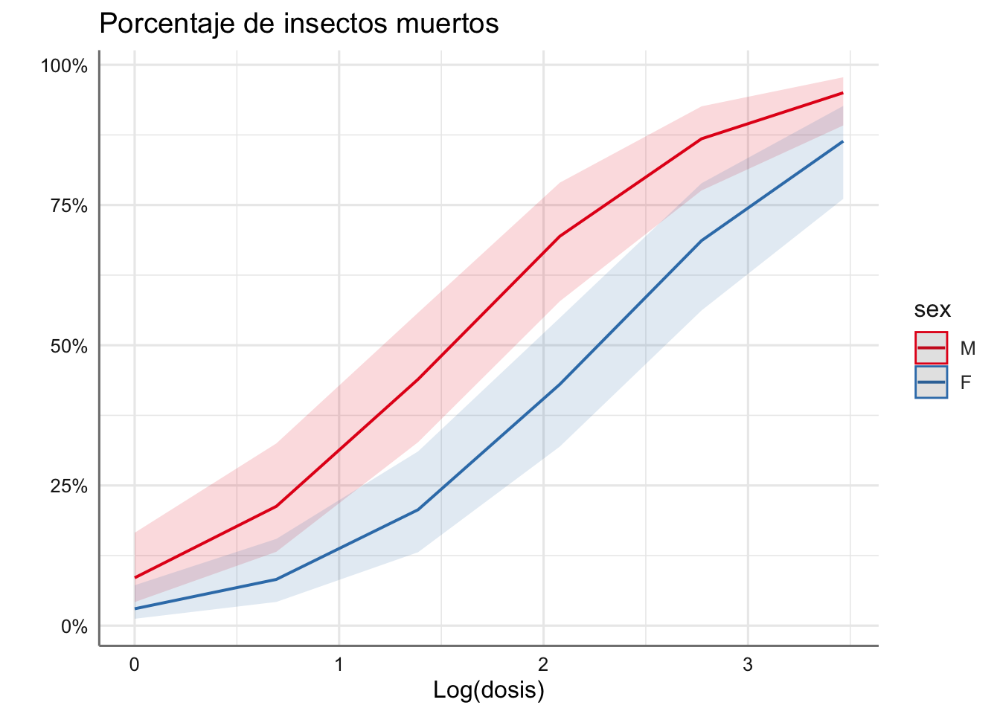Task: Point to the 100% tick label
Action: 64,66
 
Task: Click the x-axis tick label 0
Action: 134,664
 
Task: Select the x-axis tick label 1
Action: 339,664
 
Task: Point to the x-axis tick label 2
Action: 543,664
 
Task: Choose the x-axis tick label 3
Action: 747,664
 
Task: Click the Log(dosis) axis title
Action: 489,690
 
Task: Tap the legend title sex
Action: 932,309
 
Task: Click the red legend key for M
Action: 931,347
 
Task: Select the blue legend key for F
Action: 931,382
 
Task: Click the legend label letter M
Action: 967,348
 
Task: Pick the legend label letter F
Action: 966,382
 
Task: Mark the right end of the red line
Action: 842,93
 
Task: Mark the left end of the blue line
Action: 135,608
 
